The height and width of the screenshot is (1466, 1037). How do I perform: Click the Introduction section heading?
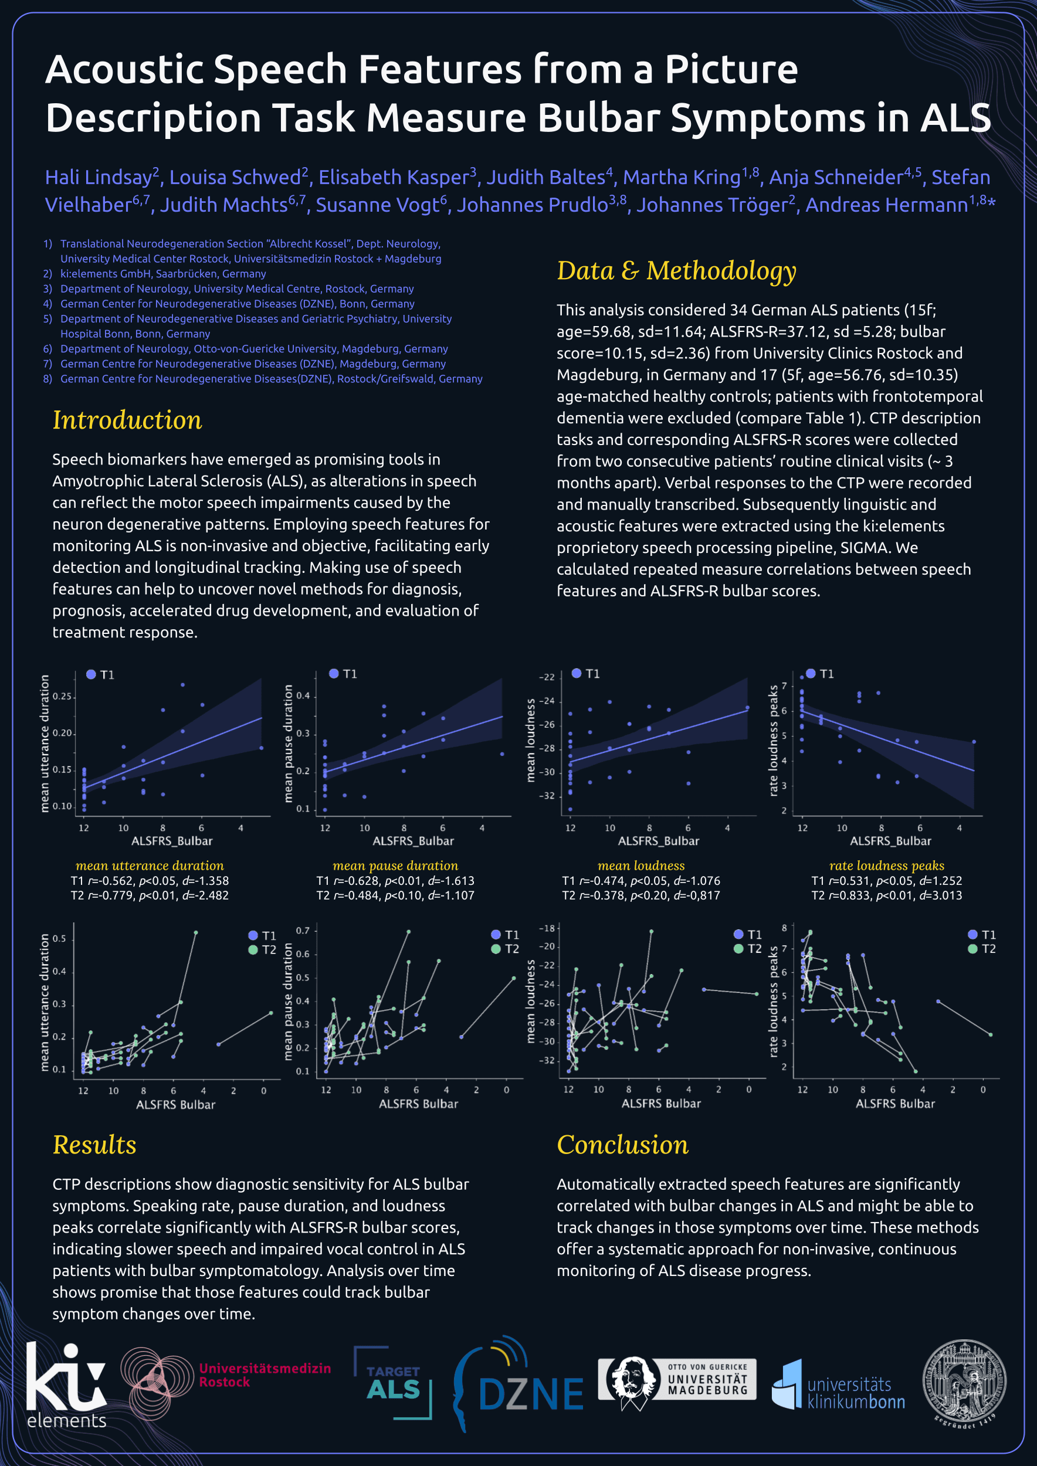point(127,420)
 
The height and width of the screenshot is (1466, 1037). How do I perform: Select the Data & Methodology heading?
point(676,272)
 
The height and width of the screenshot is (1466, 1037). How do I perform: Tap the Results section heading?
point(94,1145)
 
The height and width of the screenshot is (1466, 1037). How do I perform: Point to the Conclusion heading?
point(622,1145)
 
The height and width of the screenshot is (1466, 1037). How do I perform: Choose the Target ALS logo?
point(394,1383)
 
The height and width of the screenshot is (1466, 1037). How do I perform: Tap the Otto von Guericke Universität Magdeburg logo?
point(677,1382)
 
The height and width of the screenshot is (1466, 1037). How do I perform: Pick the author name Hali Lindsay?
point(99,177)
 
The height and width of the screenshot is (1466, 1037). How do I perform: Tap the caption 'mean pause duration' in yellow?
point(395,866)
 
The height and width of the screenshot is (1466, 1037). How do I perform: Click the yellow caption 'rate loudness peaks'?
point(886,866)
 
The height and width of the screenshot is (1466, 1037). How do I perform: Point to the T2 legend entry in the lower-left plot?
point(262,950)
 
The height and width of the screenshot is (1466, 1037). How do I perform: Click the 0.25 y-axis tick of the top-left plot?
point(62,696)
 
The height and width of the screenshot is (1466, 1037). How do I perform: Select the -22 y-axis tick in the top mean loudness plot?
point(547,677)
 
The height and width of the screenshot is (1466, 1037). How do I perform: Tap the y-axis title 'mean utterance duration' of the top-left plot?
point(45,744)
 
